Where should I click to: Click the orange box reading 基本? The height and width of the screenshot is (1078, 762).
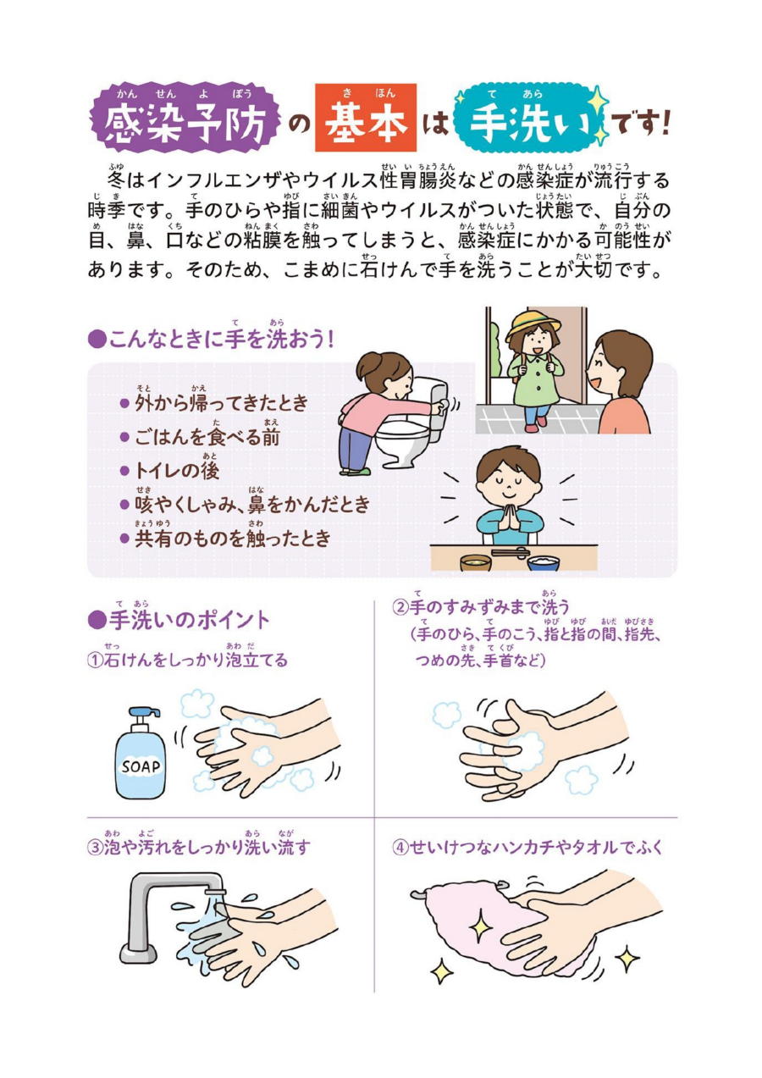coord(366,118)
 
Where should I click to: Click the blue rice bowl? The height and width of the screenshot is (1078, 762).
coord(543,562)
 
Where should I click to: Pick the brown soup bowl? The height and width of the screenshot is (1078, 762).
coord(476,562)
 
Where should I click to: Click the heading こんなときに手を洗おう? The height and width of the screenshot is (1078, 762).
coord(212,340)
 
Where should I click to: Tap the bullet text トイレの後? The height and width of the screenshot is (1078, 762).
coord(177,470)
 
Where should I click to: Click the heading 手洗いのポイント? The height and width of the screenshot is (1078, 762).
coord(179,621)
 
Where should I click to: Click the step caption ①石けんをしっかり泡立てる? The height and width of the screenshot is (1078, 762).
coord(188,660)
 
